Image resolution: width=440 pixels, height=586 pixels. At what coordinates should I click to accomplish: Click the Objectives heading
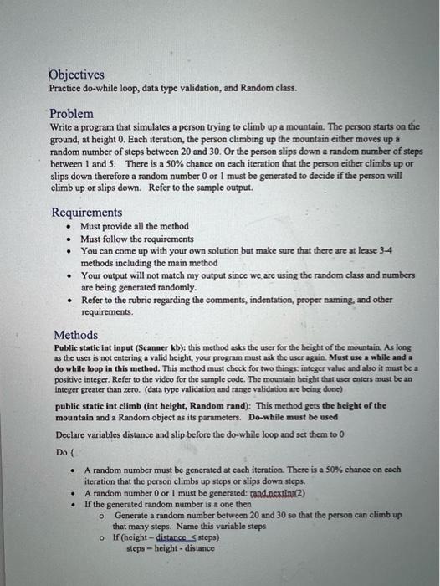tap(76, 74)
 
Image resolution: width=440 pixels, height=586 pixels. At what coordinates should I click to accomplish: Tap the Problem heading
tap(71, 113)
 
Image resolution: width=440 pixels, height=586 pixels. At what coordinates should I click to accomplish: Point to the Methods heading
tap(75, 335)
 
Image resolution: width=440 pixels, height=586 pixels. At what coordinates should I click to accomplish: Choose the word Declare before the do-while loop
tap(70, 434)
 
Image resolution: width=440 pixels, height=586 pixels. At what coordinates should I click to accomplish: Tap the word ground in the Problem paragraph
tap(64, 137)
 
